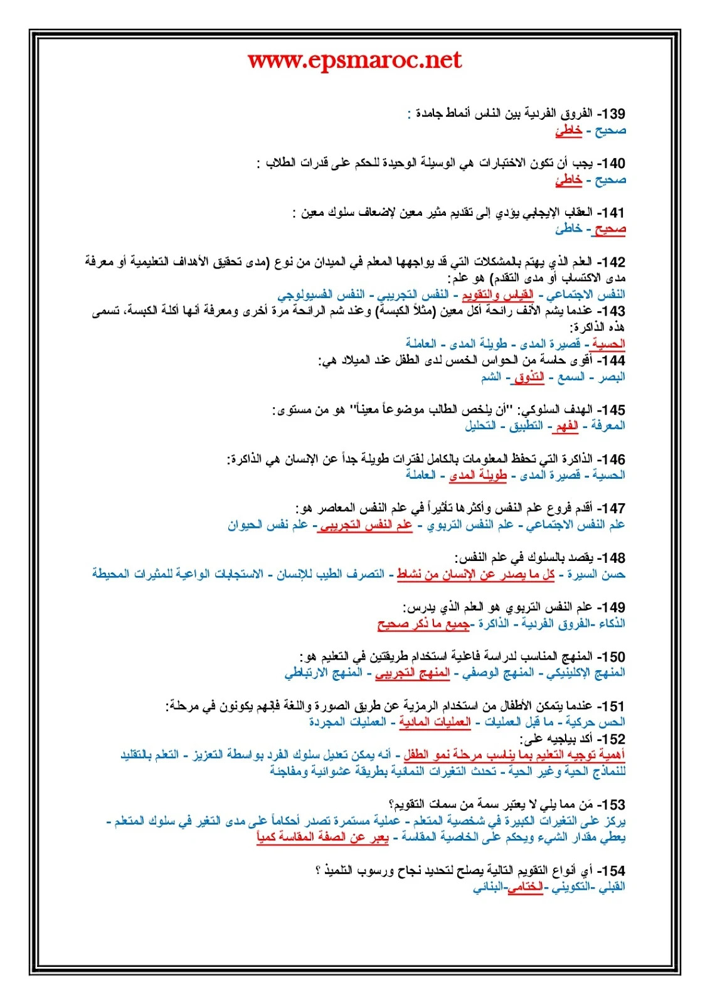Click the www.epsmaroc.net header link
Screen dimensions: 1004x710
tap(354, 60)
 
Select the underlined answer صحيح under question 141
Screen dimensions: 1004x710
tap(610, 229)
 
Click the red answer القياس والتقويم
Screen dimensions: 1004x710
tap(497, 294)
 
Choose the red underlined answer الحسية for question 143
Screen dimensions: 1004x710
tap(608, 344)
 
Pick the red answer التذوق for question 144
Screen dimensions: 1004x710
tap(529, 377)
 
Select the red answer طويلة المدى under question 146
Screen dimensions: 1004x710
tap(477, 476)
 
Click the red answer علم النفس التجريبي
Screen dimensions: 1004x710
tap(365, 525)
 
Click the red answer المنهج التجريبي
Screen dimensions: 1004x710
tap(412, 673)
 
